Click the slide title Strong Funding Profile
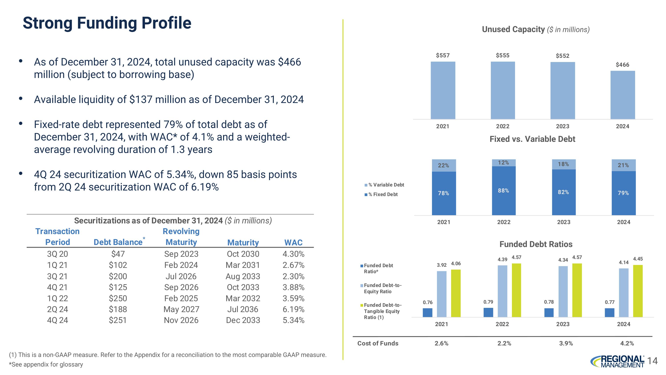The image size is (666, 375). tap(107, 23)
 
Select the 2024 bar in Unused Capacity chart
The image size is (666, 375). tap(622, 95)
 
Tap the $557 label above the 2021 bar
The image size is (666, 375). tap(443, 55)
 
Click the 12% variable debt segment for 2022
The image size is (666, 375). tap(503, 162)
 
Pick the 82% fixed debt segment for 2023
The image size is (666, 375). tap(564, 192)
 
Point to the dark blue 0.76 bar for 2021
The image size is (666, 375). tap(427, 312)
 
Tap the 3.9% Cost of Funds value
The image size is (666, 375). tap(566, 343)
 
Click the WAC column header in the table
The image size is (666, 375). tap(293, 243)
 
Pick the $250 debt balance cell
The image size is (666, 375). tap(118, 298)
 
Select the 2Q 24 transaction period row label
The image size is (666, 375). tap(57, 309)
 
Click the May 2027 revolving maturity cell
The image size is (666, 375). tap(181, 309)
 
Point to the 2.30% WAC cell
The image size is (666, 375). tap(293, 276)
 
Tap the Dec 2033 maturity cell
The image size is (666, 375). tap(243, 320)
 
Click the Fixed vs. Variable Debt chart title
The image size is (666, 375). tap(532, 139)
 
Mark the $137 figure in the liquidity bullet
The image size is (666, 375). tap(141, 100)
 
